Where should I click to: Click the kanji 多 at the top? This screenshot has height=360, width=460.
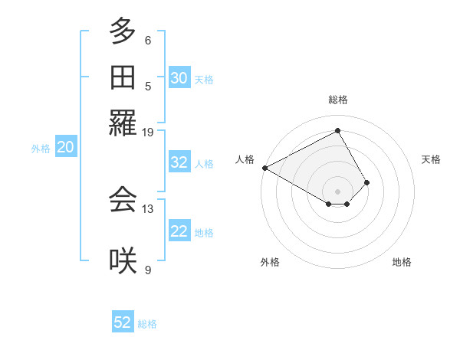tap(123, 33)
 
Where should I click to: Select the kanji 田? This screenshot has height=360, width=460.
tap(123, 78)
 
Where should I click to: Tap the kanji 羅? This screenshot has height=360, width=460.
tap(123, 123)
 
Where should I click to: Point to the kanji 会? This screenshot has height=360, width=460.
tap(123, 199)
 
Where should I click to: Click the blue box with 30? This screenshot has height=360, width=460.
tap(179, 78)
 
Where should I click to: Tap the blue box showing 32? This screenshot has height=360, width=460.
tap(179, 162)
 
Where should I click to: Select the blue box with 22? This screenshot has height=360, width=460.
tap(179, 232)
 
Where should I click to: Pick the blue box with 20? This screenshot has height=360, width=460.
tap(65, 148)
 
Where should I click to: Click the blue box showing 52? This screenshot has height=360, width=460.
tap(123, 322)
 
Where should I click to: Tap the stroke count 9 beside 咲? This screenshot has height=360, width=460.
tap(147, 270)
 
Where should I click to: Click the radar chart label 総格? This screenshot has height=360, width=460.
tap(338, 100)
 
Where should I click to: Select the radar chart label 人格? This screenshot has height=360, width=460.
tap(245, 159)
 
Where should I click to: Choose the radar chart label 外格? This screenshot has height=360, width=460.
tap(270, 262)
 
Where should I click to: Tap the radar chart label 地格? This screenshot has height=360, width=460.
tap(402, 262)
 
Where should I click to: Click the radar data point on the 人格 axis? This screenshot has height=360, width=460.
tap(264, 168)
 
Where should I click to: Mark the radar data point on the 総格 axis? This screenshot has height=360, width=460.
tap(338, 130)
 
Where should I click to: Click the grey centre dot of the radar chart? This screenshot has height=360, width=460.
tap(338, 191)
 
